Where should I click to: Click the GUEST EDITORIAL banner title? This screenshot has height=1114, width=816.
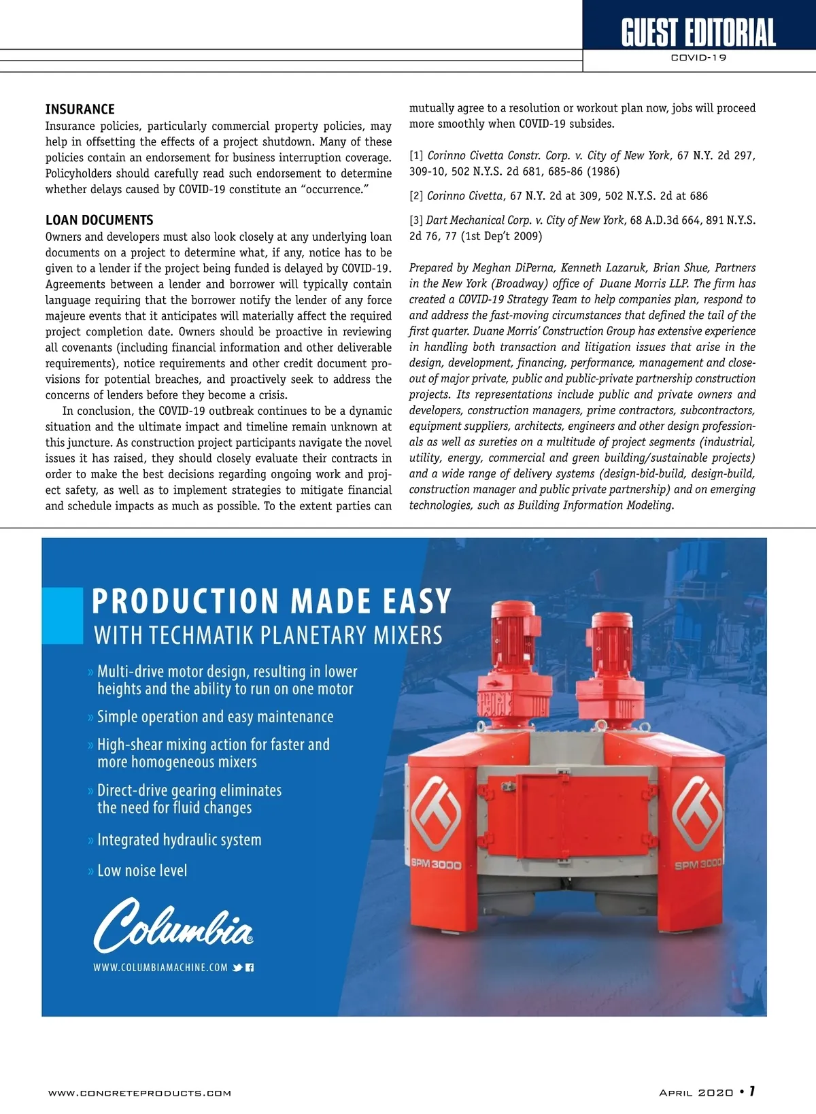coord(698,33)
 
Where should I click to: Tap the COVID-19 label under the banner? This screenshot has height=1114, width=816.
coord(698,58)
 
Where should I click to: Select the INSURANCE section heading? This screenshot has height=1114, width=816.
coord(80,109)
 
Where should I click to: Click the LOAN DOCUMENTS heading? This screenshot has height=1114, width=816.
coord(99,220)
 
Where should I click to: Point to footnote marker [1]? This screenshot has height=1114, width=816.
coord(416,156)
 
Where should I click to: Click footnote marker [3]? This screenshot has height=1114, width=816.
coord(416,220)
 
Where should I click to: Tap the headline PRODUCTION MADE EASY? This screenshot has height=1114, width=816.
coord(272,601)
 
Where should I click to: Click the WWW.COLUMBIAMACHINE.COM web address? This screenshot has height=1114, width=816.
coord(160,967)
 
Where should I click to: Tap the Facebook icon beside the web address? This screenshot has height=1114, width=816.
coord(250,967)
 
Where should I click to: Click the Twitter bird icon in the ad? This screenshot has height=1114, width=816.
coord(237,967)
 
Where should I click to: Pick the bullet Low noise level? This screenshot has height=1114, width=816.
coord(141,871)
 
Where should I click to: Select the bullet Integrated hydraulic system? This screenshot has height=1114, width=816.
coord(179,840)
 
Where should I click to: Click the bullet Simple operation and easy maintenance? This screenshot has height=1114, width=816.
coord(215,717)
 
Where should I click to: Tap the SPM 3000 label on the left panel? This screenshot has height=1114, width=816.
coord(437,864)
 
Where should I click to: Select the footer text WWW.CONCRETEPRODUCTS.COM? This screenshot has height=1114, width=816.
coord(139,1093)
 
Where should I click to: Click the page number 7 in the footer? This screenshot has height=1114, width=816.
coord(751,1092)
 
